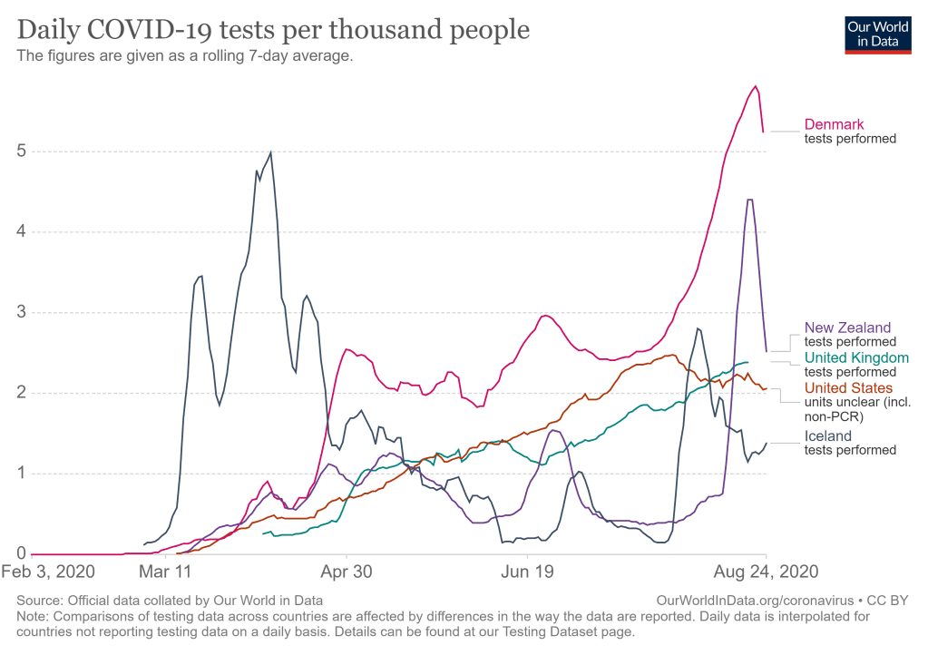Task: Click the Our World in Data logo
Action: pos(877,34)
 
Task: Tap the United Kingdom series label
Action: pos(855,358)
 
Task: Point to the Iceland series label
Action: pos(827,436)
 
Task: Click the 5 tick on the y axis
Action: pos(19,151)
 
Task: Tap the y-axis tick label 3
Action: pos(19,312)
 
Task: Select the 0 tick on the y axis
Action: pos(19,553)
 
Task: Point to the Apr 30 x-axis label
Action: pos(347,572)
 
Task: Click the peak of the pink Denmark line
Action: pos(755,86)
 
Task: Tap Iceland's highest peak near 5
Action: pos(270,152)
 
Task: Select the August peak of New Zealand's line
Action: pos(749,200)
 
